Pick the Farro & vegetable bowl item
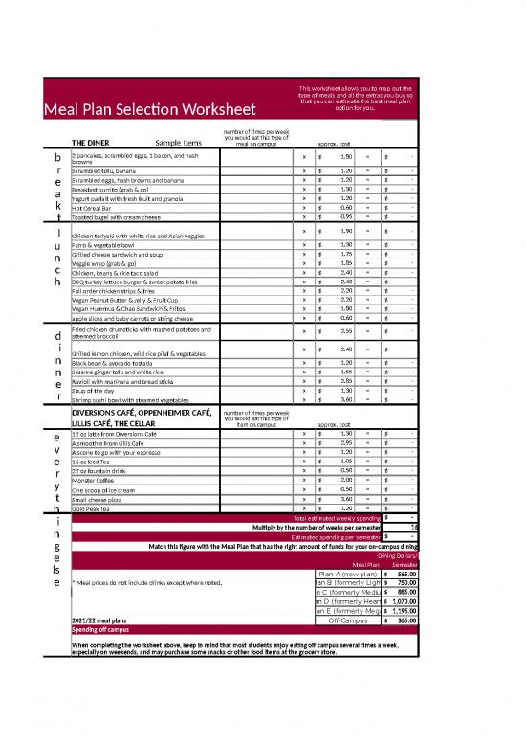point(105,245)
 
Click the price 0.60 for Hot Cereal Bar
point(347,207)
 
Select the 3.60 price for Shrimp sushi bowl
point(347,400)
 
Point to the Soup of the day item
point(98,391)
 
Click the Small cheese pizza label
point(99,499)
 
